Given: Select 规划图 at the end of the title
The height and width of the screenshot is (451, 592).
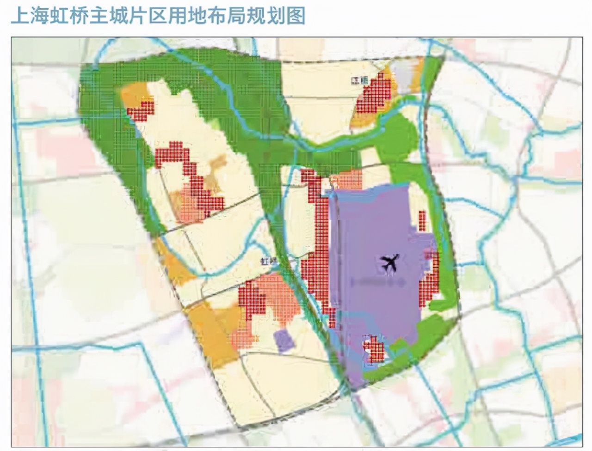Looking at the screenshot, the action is pyautogui.click(x=282, y=15).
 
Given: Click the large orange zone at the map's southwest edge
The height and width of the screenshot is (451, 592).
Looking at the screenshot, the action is pyautogui.click(x=210, y=333).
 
